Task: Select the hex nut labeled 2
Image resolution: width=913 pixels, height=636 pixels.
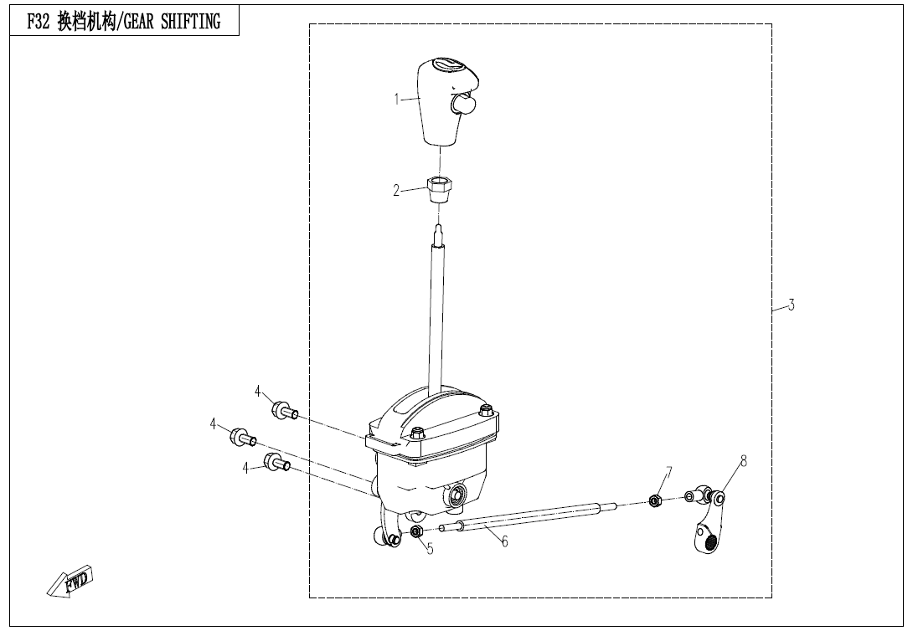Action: pos(441,189)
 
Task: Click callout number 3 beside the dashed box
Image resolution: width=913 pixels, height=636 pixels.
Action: pos(792,305)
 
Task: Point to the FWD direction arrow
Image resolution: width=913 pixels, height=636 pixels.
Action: pos(70,581)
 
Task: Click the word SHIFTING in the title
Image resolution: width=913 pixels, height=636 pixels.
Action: pos(191,22)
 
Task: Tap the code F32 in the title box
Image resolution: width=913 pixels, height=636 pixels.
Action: pos(39,22)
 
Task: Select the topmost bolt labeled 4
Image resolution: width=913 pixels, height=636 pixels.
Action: pos(285,410)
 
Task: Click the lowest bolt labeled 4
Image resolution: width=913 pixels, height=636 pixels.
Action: pos(278,462)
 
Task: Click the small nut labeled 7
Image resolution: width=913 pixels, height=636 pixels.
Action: pos(654,500)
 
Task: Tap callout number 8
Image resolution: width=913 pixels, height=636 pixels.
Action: pos(743,461)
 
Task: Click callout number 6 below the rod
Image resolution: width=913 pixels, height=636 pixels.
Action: pos(505,541)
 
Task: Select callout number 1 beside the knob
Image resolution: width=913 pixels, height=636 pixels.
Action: pos(396,100)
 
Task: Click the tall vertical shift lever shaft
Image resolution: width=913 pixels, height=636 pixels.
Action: pos(437,309)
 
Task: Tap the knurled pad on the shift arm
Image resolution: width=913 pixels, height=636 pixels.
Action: pos(709,543)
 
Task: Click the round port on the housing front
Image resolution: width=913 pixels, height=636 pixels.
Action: pos(455,495)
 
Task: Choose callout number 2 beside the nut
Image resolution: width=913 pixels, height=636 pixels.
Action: pos(396,190)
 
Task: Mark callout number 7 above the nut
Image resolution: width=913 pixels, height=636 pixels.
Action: pos(668,473)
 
